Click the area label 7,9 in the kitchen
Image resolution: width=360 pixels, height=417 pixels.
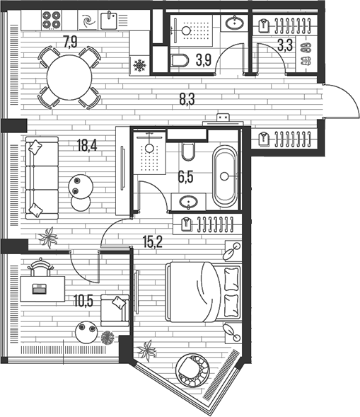tap(70, 41)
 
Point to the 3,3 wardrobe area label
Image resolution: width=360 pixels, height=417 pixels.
tap(285, 47)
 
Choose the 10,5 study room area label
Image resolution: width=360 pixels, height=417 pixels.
tap(83, 300)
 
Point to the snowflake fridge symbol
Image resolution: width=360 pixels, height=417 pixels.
tap(139, 66)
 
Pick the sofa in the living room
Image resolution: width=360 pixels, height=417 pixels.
tap(37, 176)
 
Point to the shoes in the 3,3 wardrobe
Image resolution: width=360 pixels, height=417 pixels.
tap(306, 50)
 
